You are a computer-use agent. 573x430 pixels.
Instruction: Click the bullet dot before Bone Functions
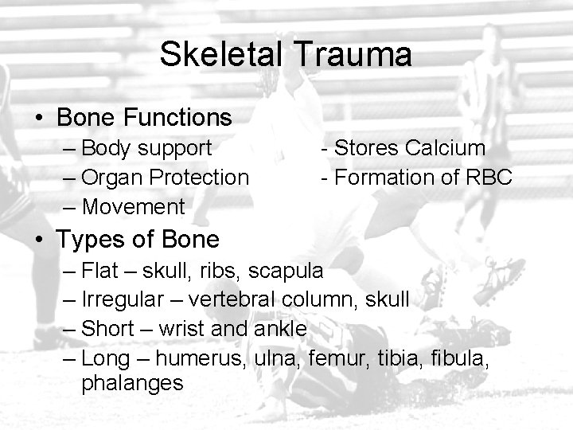click(x=39, y=119)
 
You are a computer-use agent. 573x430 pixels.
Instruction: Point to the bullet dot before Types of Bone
click(x=39, y=238)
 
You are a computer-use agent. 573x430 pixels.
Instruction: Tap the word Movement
click(x=134, y=207)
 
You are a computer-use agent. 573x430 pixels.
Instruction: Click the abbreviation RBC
click(x=488, y=178)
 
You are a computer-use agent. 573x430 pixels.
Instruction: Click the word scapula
click(x=286, y=271)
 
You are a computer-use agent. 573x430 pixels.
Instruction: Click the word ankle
click(x=282, y=328)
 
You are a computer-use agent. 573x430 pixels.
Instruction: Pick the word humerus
click(x=208, y=357)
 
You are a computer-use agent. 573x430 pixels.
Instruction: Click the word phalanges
click(x=132, y=383)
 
